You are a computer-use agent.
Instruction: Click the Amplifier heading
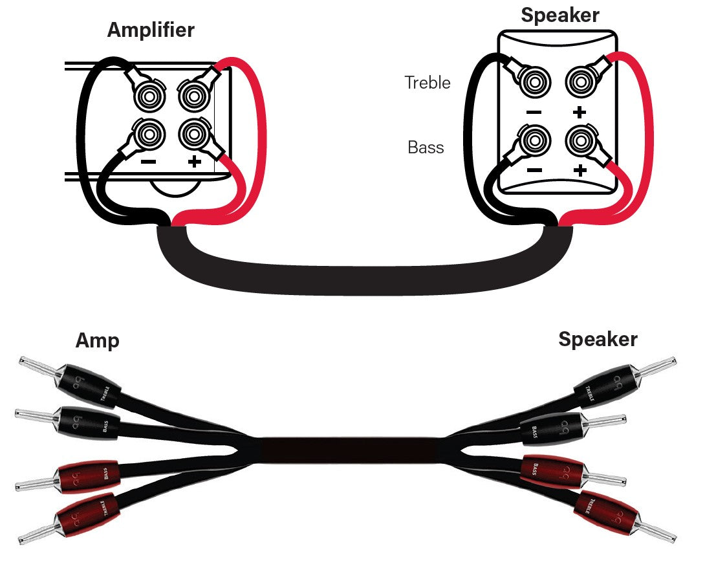point(151,30)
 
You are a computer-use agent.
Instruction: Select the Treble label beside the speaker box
point(427,82)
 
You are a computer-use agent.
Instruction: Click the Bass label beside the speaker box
point(426,147)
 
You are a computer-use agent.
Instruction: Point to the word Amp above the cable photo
point(97,340)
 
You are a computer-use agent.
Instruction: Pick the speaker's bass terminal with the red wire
point(580,138)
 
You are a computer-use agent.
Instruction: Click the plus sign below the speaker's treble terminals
point(580,111)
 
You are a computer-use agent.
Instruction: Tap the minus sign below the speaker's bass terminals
point(534,170)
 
